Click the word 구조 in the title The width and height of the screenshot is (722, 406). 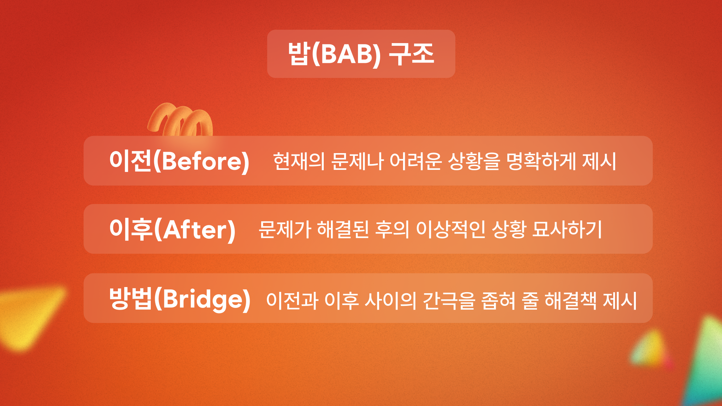[x=412, y=54]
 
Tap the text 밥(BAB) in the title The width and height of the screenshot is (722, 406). [x=334, y=54]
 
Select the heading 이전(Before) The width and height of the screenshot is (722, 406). [x=179, y=161]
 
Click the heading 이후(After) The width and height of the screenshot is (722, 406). [x=173, y=229]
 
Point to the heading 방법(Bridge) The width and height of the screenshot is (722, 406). [x=180, y=298]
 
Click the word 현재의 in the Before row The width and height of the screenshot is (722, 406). [x=299, y=161]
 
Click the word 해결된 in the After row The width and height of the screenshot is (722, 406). [x=343, y=229]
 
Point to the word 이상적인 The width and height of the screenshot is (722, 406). [x=451, y=229]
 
